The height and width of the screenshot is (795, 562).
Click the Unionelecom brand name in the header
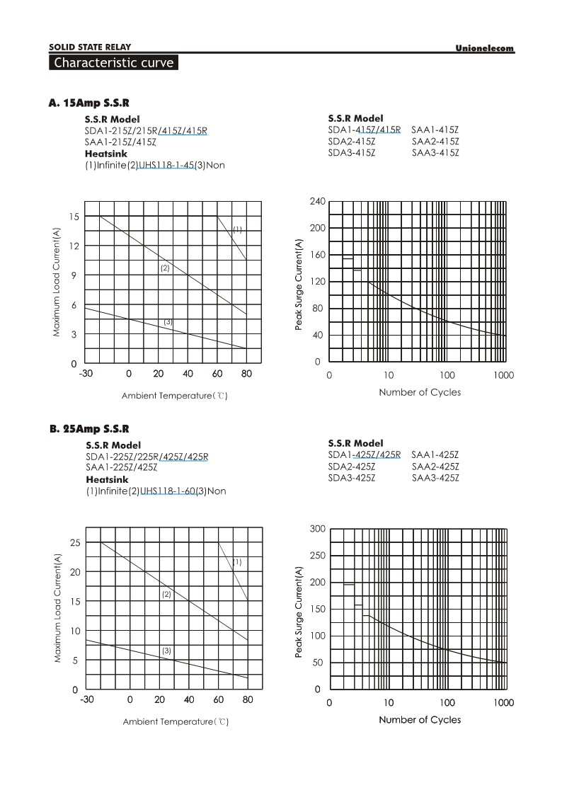click(x=484, y=48)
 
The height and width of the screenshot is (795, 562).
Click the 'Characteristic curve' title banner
click(x=113, y=63)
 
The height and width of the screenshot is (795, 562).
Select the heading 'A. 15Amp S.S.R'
click(x=89, y=103)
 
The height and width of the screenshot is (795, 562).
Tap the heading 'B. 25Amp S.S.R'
click(x=89, y=429)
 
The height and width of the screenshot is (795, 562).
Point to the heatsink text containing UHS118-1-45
click(x=156, y=165)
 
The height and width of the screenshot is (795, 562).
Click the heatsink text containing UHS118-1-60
click(x=156, y=491)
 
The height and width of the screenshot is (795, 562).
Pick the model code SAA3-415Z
click(x=435, y=152)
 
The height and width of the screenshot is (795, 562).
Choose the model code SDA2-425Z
click(x=352, y=467)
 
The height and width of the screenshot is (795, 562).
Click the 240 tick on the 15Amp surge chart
click(x=317, y=202)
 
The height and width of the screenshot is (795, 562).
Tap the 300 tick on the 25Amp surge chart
click(x=317, y=529)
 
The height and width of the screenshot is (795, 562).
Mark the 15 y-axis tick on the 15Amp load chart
click(x=74, y=216)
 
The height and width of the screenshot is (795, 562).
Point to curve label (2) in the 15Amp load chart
click(x=165, y=268)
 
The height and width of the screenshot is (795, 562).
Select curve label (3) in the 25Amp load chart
click(x=166, y=650)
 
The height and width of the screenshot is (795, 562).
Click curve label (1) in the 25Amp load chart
click(x=237, y=562)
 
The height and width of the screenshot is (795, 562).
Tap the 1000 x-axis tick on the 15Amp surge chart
click(x=504, y=375)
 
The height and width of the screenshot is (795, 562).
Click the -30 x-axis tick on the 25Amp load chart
click(x=87, y=700)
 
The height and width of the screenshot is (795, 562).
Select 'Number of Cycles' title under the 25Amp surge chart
click(x=420, y=720)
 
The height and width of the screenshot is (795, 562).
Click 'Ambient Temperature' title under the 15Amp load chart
click(x=175, y=396)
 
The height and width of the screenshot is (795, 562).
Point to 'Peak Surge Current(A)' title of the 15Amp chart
click(x=299, y=285)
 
